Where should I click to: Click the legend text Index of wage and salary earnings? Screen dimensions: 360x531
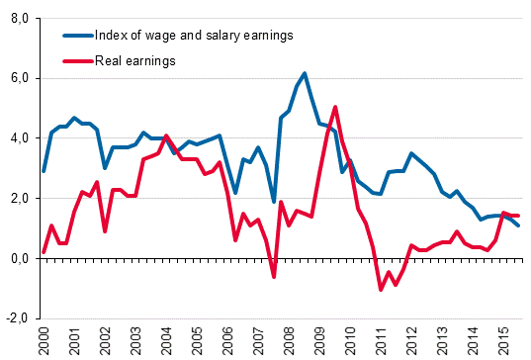point(196,36)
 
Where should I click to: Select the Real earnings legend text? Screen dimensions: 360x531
point(135,61)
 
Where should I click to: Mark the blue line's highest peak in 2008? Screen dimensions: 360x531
point(305,73)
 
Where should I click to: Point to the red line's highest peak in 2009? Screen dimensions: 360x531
point(335,107)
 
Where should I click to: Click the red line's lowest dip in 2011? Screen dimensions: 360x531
point(381,290)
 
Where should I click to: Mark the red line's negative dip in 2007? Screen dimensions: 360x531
point(274,277)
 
